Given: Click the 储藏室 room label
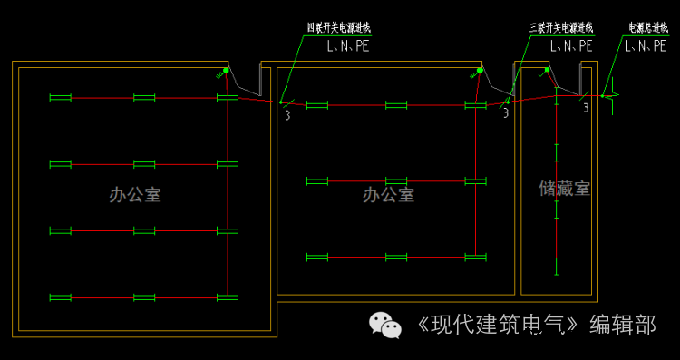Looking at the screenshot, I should pos(564,188).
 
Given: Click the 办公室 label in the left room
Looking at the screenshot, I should pos(135,194).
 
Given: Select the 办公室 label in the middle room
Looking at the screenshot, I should pos(388,194).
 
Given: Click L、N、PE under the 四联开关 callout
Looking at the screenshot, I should pos(348,44).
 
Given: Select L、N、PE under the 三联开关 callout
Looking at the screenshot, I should pos(571,44).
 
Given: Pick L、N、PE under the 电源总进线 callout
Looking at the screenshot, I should pos(646,44).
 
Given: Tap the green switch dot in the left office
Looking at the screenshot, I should pos(226,70).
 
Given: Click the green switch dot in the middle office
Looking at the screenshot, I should pos(478,70).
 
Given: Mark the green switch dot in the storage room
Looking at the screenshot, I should pos(546,69).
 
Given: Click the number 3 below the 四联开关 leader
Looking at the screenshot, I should pos(287,114).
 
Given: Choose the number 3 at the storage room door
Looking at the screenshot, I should pos(586,108).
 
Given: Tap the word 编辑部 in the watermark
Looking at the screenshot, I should pos(622,324).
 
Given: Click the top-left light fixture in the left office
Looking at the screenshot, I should pos(60,97).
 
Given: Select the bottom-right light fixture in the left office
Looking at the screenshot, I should pos(227,297).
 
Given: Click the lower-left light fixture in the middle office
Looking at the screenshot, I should pos(317,257).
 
